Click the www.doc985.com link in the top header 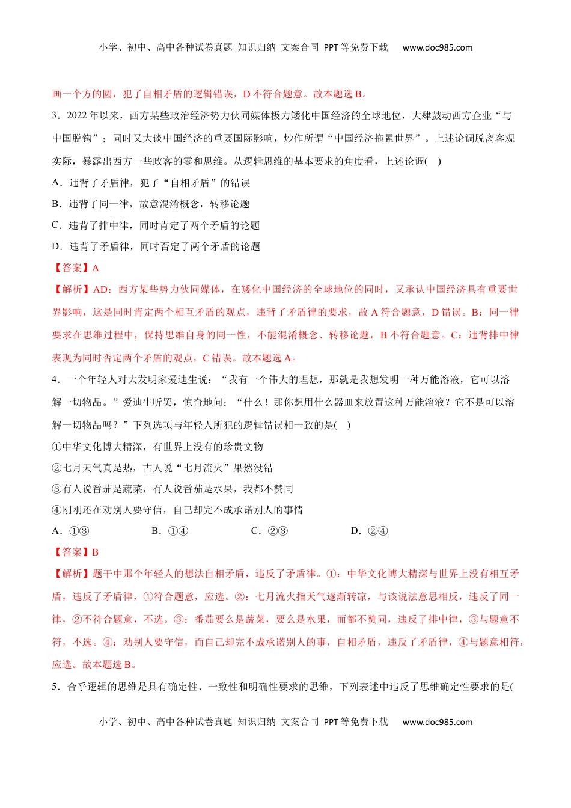pyautogui.click(x=437, y=47)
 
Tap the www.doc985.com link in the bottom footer pyautogui.click(x=437, y=722)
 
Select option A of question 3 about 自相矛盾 pyautogui.click(x=151, y=183)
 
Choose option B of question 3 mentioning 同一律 pyautogui.click(x=151, y=204)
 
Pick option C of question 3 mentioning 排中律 pyautogui.click(x=156, y=225)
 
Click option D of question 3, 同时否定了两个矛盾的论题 pyautogui.click(x=156, y=246)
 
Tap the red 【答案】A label pyautogui.click(x=76, y=268)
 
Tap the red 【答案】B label pyautogui.click(x=76, y=552)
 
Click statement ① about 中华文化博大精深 pyautogui.click(x=157, y=447)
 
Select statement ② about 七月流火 pyautogui.click(x=162, y=468)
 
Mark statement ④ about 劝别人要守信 pyautogui.click(x=177, y=510)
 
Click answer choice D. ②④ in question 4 pyautogui.click(x=369, y=531)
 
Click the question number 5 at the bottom pyautogui.click(x=55, y=687)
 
